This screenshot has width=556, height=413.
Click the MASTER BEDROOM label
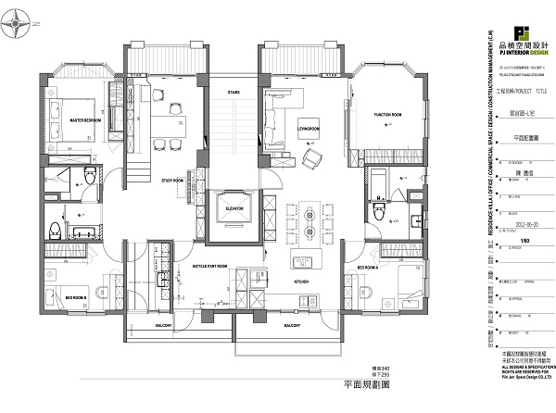(x=85, y=119)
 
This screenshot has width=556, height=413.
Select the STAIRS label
(x=234, y=92)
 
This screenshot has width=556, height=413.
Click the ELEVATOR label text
(x=234, y=210)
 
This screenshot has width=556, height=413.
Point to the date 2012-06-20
(x=525, y=222)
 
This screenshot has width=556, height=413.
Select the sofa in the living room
(x=275, y=109)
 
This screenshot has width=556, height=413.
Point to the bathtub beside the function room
(x=378, y=175)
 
